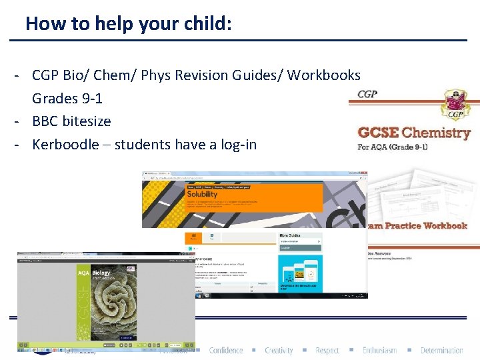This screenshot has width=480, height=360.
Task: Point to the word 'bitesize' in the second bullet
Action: click(x=86, y=121)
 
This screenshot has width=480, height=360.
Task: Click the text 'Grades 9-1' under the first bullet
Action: click(x=67, y=99)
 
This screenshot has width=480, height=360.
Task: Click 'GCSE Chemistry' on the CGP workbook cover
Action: click(x=414, y=133)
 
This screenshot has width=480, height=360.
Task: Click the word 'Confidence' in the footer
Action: click(x=226, y=351)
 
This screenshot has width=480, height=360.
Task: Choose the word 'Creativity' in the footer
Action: click(x=279, y=351)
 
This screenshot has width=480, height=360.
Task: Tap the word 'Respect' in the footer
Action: click(x=327, y=351)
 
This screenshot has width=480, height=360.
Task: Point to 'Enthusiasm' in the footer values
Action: click(x=379, y=351)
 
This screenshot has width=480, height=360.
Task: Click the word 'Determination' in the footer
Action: click(x=441, y=351)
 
